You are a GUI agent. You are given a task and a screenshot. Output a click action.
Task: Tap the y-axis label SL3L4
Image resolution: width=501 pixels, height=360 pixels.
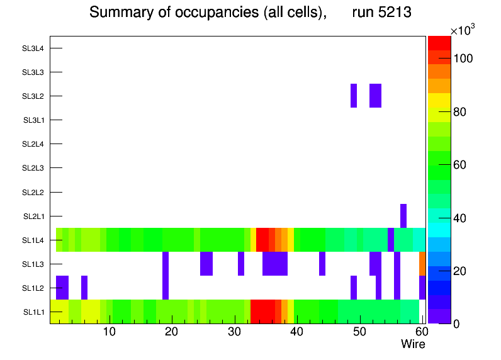tap(33, 48)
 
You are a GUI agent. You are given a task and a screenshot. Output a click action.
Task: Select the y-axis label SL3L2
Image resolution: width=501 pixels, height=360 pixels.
tap(33, 96)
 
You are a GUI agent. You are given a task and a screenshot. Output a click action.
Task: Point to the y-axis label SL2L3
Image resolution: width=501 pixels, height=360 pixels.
tap(33, 168)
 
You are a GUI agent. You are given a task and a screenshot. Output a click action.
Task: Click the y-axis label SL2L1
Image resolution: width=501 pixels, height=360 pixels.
tap(33, 216)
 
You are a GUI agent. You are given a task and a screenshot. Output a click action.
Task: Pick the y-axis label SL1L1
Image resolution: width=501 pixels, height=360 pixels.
tap(33, 312)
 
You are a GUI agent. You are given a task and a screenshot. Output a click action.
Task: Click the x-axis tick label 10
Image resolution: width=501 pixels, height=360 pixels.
tap(109, 332)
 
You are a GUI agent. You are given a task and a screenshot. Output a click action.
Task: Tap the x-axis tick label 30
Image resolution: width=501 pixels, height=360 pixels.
tap(234, 332)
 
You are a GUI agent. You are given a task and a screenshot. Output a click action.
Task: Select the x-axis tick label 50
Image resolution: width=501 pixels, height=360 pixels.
tap(359, 332)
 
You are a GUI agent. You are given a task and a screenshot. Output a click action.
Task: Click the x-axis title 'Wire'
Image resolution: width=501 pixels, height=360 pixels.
tap(413, 344)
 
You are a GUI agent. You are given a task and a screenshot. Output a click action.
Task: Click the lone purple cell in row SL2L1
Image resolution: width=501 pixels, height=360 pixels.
tap(403, 216)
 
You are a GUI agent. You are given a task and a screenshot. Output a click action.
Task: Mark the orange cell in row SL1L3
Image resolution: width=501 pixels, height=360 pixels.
tap(422, 264)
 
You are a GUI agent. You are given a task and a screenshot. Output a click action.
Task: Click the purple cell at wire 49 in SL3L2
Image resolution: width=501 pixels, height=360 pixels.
tap(354, 96)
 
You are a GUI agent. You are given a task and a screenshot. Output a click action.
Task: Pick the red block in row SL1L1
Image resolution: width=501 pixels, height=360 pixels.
tap(262, 312)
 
